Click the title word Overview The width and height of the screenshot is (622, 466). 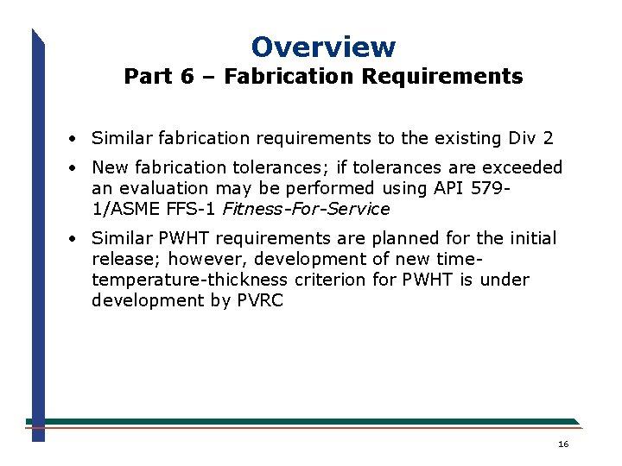click(323, 47)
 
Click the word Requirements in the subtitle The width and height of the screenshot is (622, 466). click(442, 77)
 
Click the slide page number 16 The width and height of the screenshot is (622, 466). click(563, 444)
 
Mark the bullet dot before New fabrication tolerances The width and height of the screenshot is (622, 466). click(77, 168)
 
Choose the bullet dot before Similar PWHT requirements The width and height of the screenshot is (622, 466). click(77, 239)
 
